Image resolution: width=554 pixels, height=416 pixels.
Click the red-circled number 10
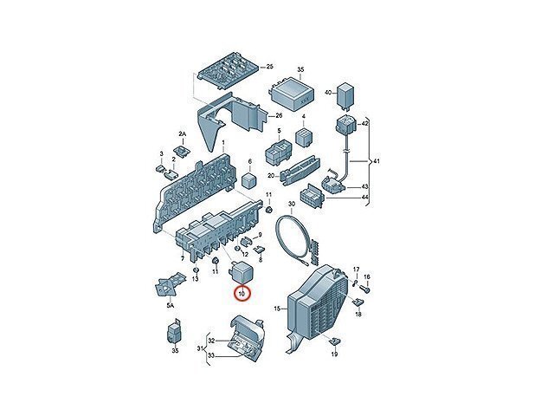(x=242, y=294)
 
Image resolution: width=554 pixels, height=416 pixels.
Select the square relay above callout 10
(x=241, y=271)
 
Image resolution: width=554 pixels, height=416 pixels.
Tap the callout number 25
(x=269, y=67)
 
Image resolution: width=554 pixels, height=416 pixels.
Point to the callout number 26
(x=279, y=115)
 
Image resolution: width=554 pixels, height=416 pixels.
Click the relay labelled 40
(x=346, y=94)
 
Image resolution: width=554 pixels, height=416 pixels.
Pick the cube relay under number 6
(x=250, y=179)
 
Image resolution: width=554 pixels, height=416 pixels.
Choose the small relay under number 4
(x=304, y=137)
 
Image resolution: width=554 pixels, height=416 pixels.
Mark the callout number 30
(x=292, y=205)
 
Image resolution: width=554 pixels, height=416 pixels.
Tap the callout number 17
(x=356, y=270)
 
